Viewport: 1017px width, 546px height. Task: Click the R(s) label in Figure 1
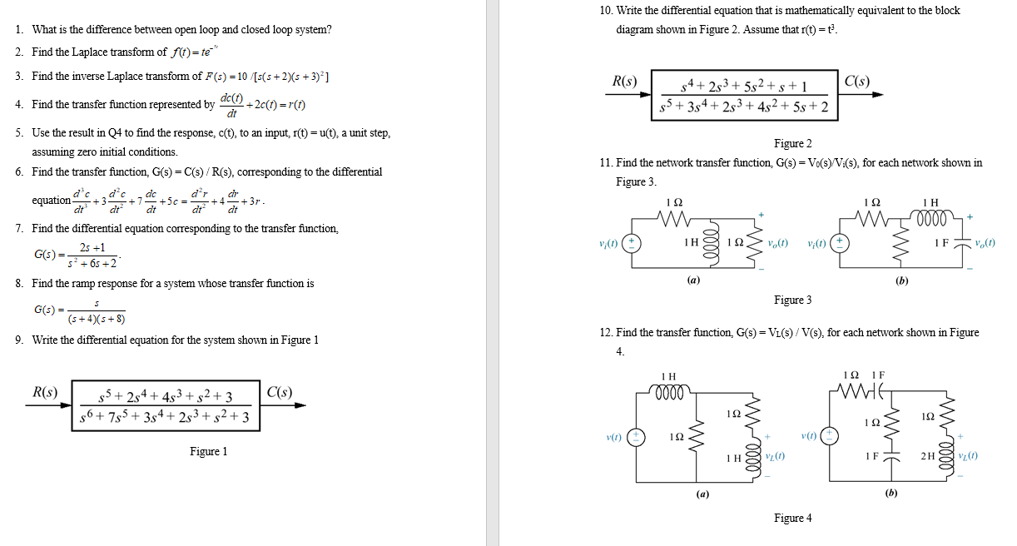(x=44, y=392)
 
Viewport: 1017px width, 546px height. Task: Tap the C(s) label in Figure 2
(x=856, y=82)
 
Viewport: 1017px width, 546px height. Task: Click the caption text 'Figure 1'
(x=208, y=451)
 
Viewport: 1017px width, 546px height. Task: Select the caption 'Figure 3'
(x=792, y=300)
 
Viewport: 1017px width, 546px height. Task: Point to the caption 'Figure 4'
(x=792, y=518)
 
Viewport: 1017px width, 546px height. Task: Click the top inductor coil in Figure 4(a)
(x=667, y=390)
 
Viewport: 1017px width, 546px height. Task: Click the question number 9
(x=18, y=340)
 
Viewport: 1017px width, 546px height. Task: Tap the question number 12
(x=605, y=332)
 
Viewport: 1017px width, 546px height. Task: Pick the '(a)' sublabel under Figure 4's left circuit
(x=702, y=493)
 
